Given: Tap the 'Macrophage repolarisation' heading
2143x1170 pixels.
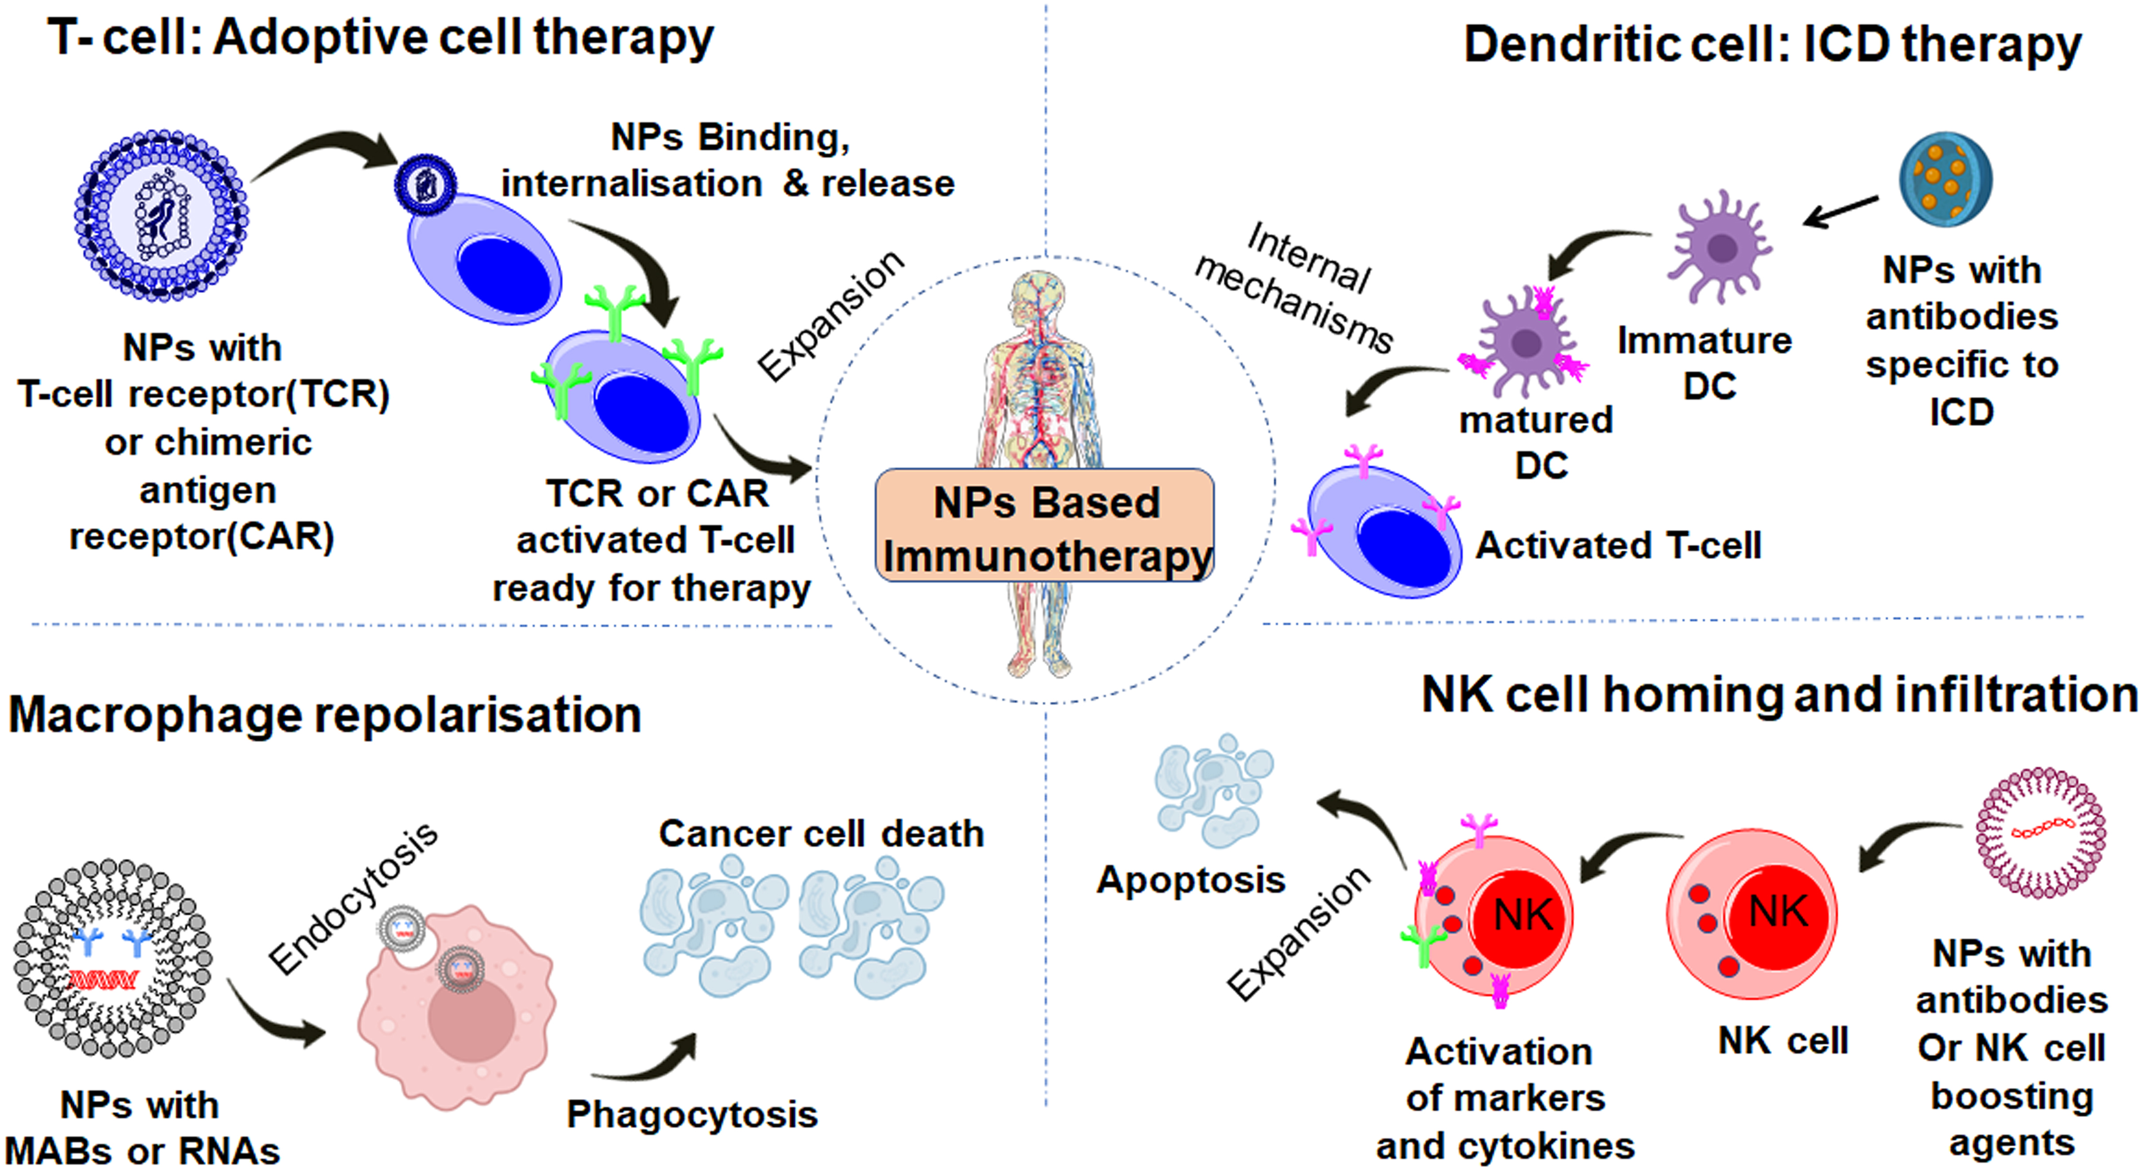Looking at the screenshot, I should point(325,715).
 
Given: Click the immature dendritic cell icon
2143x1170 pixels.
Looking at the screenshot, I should point(1721,246).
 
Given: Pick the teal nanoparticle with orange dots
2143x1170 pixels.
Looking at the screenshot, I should point(1945,179).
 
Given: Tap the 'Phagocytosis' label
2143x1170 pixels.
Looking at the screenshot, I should point(692,1114).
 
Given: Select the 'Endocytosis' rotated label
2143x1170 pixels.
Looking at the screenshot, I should point(353,898).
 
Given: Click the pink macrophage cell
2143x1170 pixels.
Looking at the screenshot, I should point(458,1010).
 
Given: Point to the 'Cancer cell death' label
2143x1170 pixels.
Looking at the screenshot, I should point(821,833).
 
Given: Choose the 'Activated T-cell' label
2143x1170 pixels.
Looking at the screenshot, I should point(1618,545).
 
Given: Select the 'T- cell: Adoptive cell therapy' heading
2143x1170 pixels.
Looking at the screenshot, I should point(380,37).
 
